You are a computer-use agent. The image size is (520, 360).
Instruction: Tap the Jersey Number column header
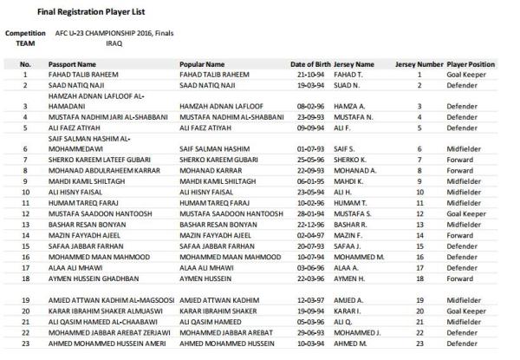click(419, 64)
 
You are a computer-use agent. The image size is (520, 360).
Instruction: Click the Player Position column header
click(471, 64)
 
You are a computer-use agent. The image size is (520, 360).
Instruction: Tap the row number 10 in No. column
click(25, 190)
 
